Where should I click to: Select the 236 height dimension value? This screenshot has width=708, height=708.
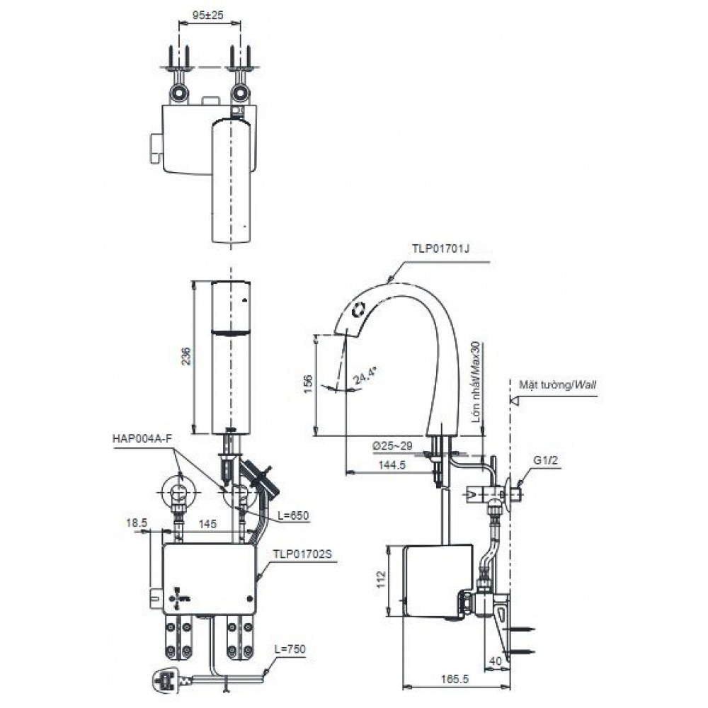(x=185, y=356)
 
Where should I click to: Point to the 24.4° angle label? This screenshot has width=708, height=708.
(x=362, y=373)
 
